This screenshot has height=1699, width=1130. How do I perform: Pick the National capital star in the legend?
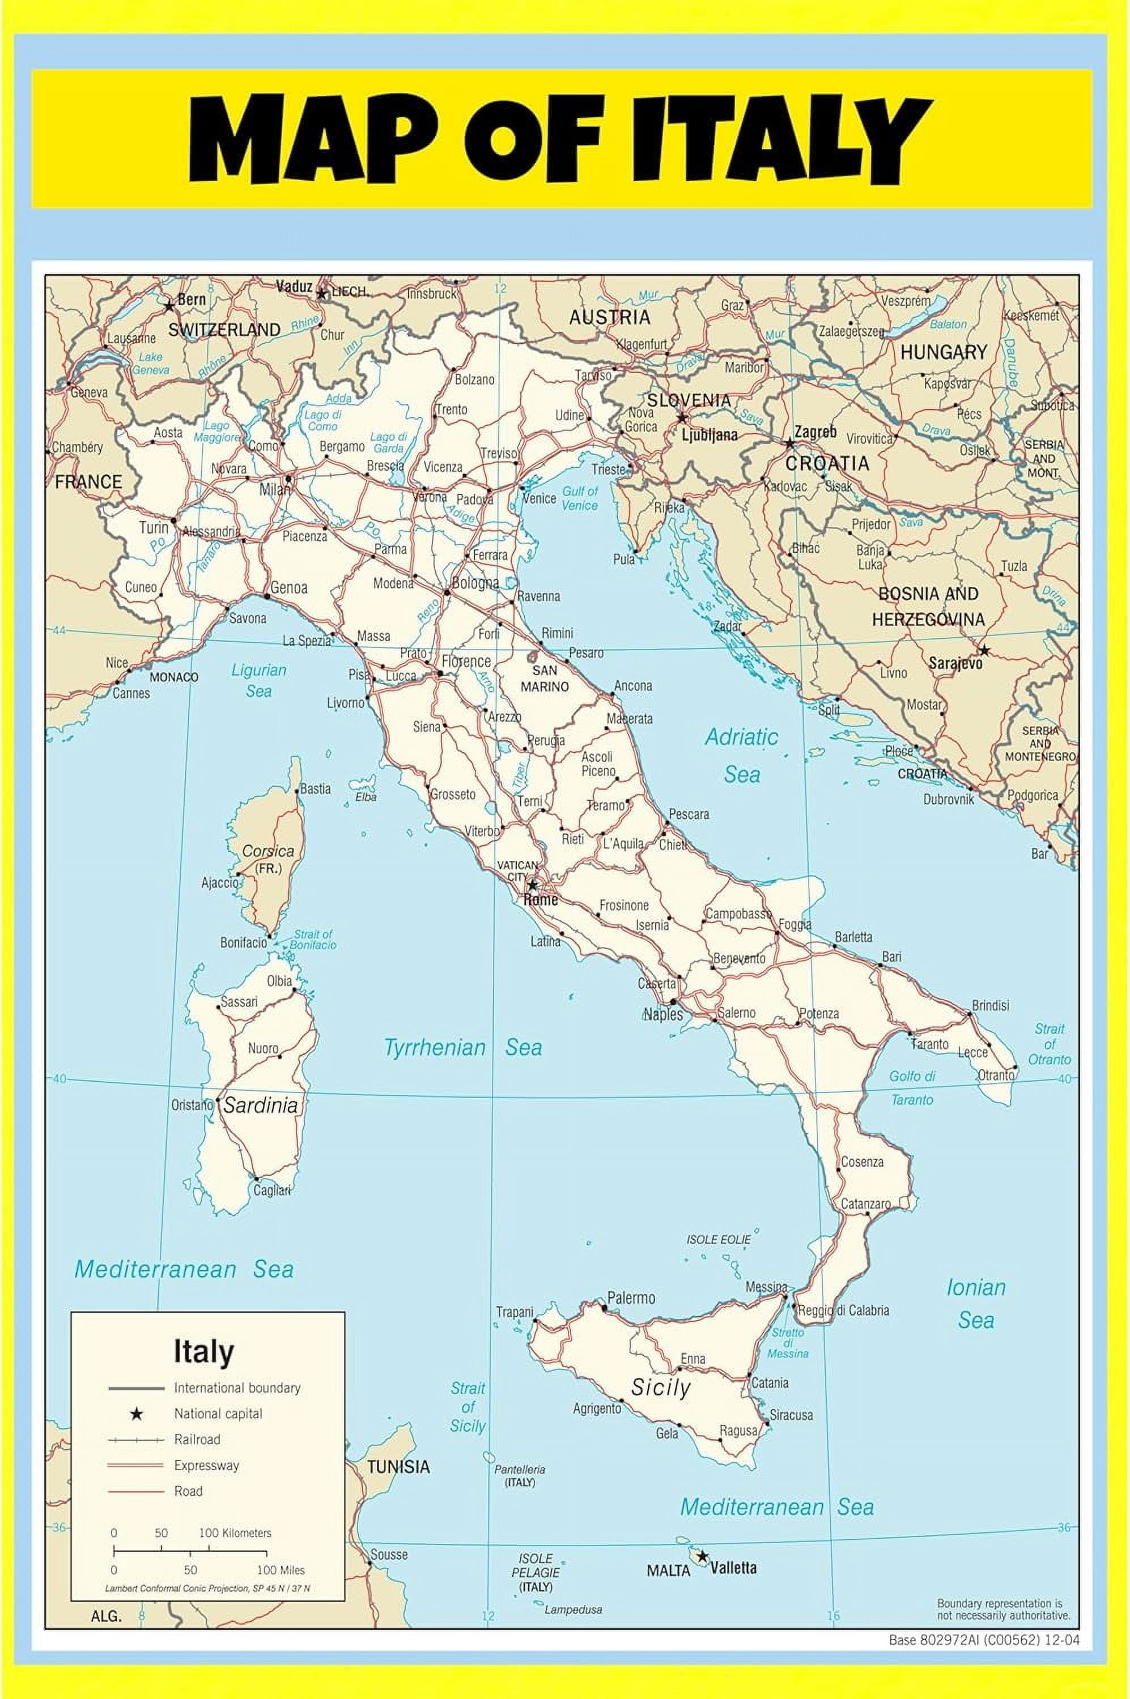point(135,1414)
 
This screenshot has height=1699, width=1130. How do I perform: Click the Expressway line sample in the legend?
point(135,1465)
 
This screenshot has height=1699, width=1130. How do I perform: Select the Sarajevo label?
point(955,663)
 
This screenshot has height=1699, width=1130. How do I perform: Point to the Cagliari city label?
point(271,1190)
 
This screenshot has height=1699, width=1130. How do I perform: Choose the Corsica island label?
point(268,851)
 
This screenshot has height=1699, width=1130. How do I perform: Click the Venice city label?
point(539,498)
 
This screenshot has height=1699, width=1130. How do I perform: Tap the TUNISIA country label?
point(398,1466)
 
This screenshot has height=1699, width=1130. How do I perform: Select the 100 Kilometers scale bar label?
point(235,1532)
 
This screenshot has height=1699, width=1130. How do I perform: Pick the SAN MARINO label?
point(544,678)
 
